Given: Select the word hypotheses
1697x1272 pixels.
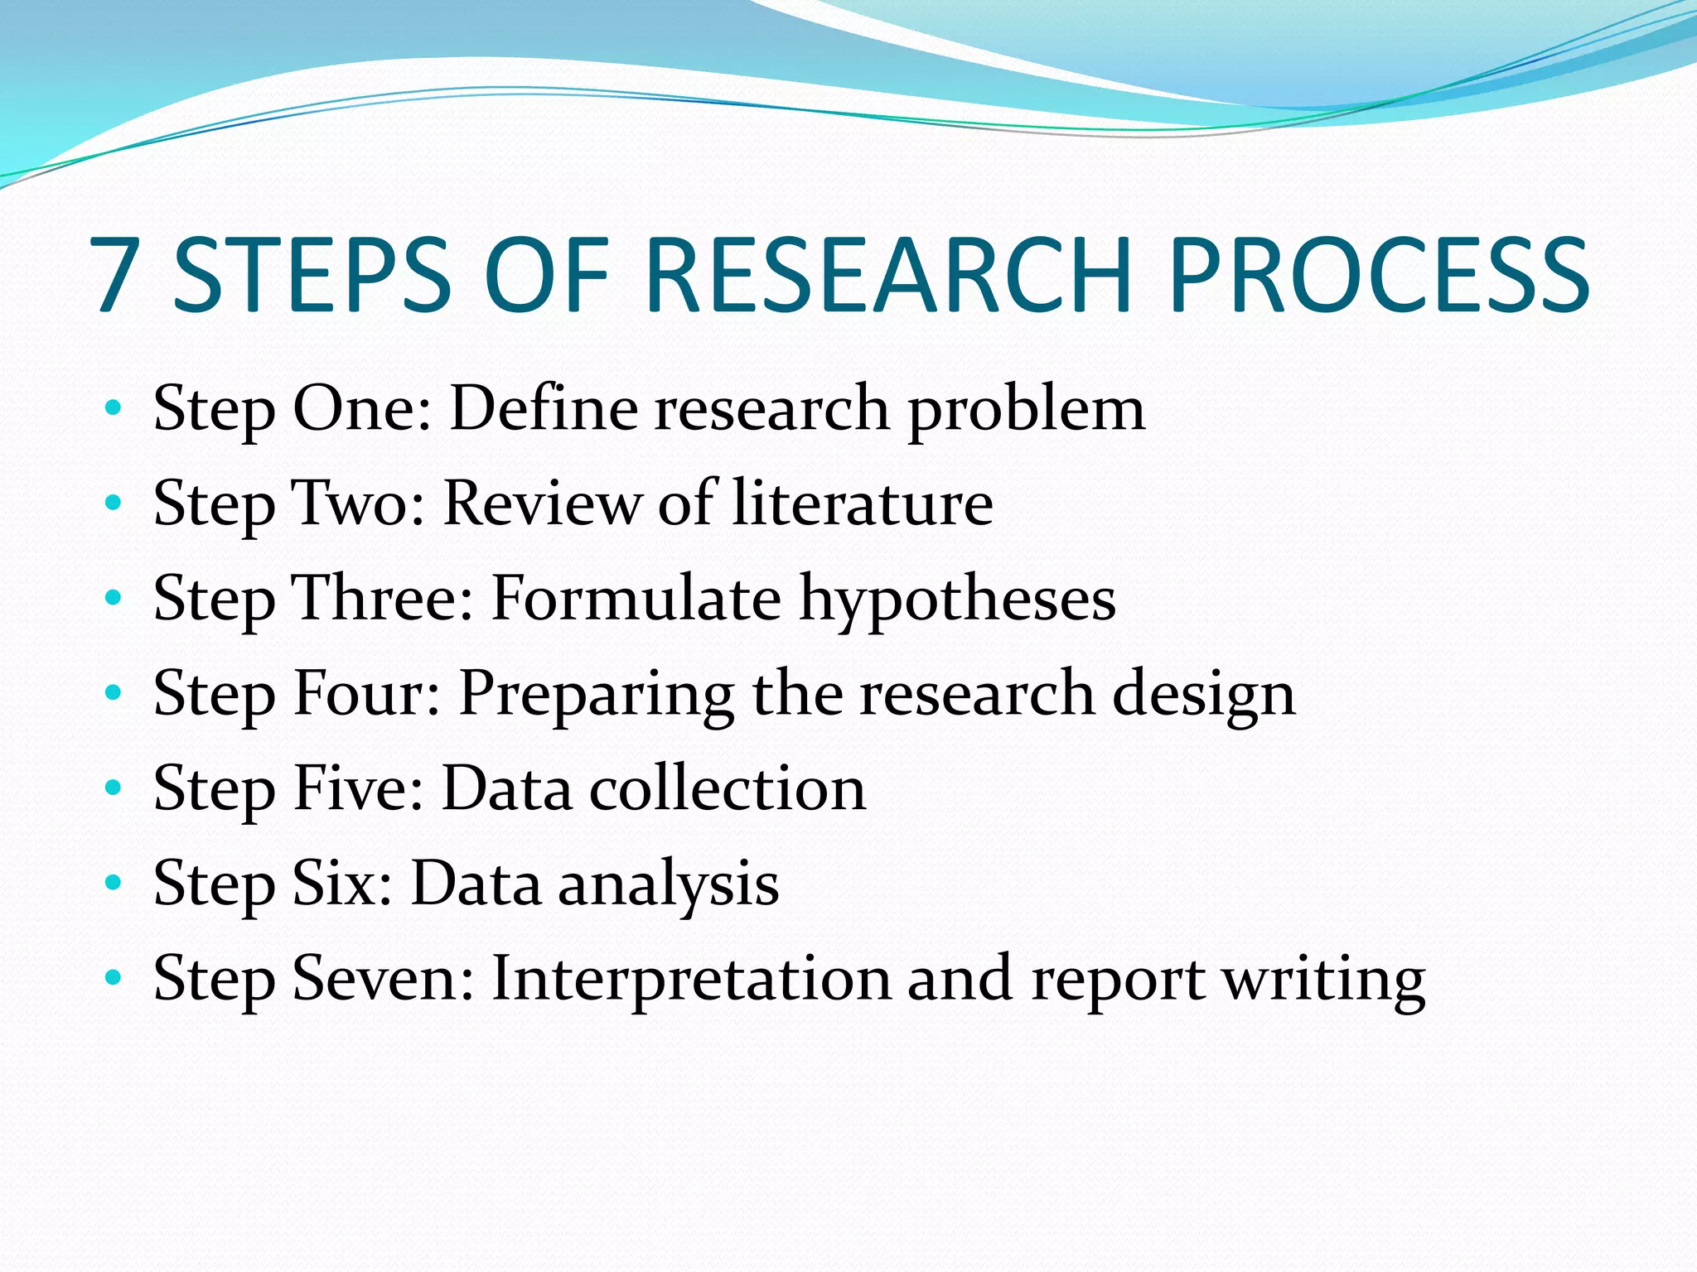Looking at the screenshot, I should (x=957, y=600).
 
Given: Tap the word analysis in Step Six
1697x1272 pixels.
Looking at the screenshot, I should (x=668, y=884).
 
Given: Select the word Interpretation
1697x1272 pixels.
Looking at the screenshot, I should (x=691, y=980).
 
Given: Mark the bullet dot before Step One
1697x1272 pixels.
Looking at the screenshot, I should (x=114, y=407).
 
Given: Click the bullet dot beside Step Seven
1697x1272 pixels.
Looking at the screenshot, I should (x=114, y=978).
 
